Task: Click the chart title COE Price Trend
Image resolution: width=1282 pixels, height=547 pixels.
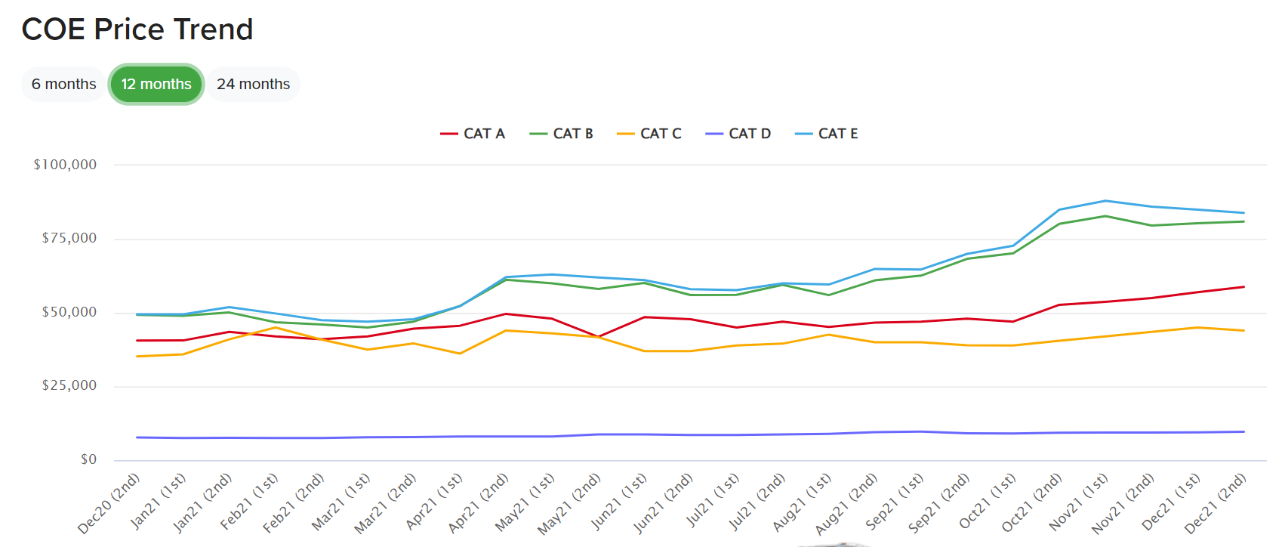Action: pyautogui.click(x=137, y=29)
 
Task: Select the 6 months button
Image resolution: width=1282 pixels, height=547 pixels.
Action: pyautogui.click(x=64, y=84)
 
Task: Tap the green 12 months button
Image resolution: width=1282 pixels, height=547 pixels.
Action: pyautogui.click(x=156, y=84)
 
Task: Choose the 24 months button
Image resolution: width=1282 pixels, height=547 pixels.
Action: pyautogui.click(x=253, y=84)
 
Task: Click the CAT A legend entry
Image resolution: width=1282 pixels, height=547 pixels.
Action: pyautogui.click(x=473, y=134)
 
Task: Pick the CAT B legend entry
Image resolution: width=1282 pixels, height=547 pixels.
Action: pyautogui.click(x=562, y=134)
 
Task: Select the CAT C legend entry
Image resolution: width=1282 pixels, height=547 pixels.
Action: pyautogui.click(x=650, y=134)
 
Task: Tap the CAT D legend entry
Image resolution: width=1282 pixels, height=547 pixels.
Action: pyautogui.click(x=739, y=134)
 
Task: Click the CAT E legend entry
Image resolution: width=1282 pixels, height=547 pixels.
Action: pyautogui.click(x=827, y=134)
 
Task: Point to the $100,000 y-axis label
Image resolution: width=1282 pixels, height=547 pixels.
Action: pyautogui.click(x=65, y=165)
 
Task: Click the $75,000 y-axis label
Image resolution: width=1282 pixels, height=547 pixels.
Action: pyautogui.click(x=69, y=238)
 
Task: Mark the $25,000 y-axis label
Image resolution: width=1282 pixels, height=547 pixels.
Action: pyautogui.click(x=69, y=385)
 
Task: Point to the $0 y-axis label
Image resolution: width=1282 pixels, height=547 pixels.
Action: pyautogui.click(x=88, y=459)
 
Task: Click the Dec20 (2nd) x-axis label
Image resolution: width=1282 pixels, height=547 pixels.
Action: pyautogui.click(x=110, y=502)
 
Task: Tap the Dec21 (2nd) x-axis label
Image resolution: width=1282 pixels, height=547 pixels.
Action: pyautogui.click(x=1216, y=502)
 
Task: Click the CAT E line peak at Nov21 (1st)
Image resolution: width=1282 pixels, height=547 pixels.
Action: pyautogui.click(x=1105, y=201)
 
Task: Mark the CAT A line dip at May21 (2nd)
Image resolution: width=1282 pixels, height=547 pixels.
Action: pyautogui.click(x=598, y=337)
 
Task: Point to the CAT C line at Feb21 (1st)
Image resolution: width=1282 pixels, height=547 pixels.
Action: pyautogui.click(x=276, y=327)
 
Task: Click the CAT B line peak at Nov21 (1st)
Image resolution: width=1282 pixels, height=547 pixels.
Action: pyautogui.click(x=1105, y=216)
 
